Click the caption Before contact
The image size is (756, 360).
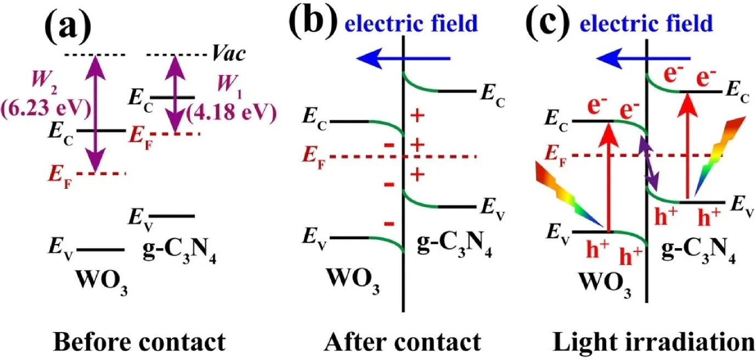click(140, 342)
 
